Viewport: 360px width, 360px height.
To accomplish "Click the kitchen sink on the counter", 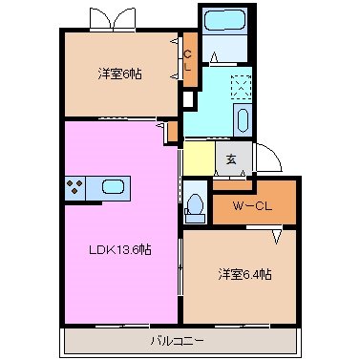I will [x=112, y=188].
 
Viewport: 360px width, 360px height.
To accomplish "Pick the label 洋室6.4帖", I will [x=244, y=274].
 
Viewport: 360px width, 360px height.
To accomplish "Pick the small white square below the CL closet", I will [x=188, y=98].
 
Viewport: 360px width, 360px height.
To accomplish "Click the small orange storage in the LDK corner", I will [x=172, y=130].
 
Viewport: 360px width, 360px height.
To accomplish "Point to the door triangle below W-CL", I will [x=278, y=235].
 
